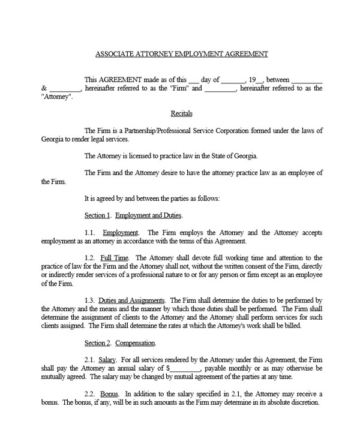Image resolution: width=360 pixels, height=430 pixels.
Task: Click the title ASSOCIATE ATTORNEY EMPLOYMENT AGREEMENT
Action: click(x=181, y=53)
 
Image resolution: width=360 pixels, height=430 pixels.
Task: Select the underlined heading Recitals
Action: click(x=181, y=113)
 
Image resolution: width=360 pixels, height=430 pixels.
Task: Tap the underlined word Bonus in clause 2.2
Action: click(x=107, y=393)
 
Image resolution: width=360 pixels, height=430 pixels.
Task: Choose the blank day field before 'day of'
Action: click(x=193, y=79)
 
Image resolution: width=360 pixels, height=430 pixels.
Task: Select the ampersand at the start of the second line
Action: click(x=44, y=88)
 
